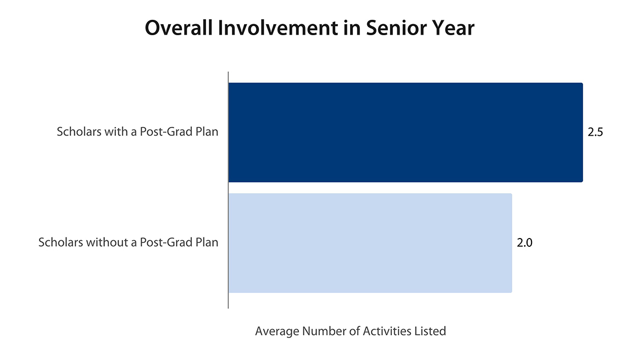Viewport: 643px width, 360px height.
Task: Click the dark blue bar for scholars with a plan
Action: (406, 132)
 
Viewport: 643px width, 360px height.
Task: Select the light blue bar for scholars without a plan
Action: (370, 243)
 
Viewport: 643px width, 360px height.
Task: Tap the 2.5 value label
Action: (595, 132)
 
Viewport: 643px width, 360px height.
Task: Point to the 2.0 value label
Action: (524, 243)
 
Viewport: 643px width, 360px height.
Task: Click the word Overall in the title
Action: (179, 28)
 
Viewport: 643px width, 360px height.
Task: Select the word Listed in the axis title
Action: (430, 331)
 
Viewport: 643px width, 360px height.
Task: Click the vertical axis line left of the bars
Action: (228, 190)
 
